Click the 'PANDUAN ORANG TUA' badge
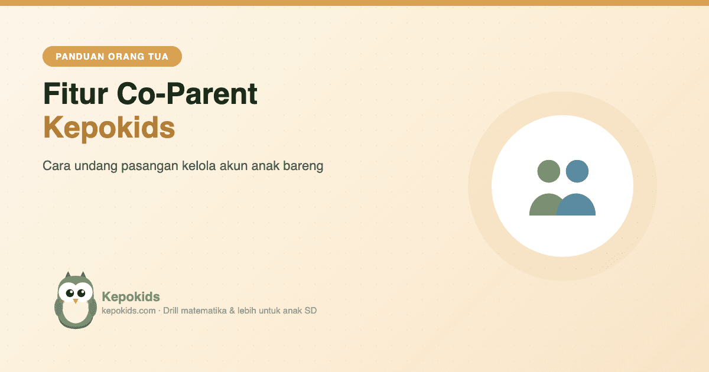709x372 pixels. (x=112, y=56)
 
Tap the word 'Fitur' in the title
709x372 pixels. (x=76, y=94)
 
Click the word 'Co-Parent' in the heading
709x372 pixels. (x=187, y=94)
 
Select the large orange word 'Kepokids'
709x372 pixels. (x=109, y=128)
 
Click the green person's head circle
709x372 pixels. (x=548, y=171)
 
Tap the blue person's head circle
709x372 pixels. (x=577, y=171)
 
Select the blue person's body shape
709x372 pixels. (x=576, y=205)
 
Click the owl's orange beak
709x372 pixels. (x=76, y=301)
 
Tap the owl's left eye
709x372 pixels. (x=70, y=293)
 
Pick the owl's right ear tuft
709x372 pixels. (x=83, y=275)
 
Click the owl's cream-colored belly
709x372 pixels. (x=76, y=312)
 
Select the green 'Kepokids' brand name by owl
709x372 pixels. (x=131, y=297)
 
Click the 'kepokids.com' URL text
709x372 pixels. (x=129, y=311)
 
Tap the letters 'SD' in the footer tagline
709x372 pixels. (x=311, y=311)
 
